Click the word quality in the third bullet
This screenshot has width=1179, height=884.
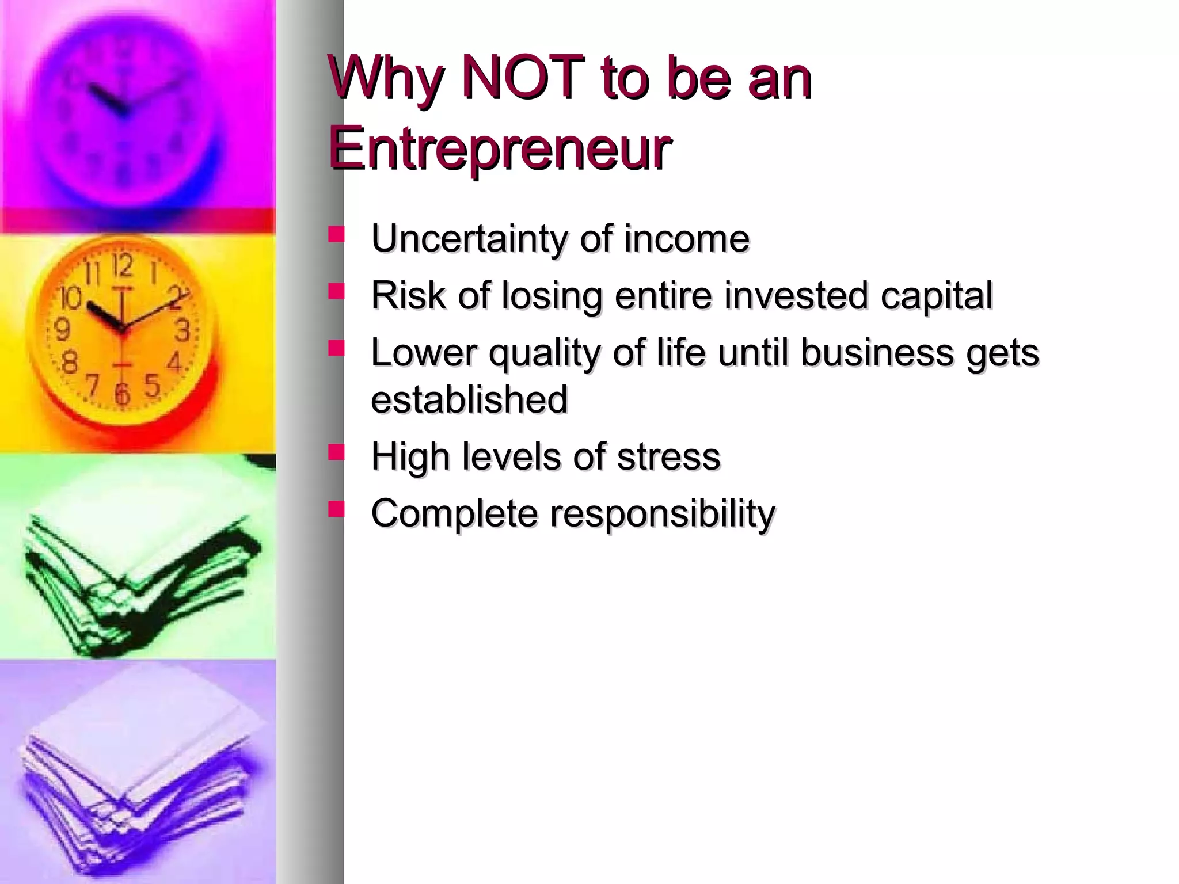tap(544, 353)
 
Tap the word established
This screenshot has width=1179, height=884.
tap(469, 399)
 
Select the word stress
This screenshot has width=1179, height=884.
tap(668, 456)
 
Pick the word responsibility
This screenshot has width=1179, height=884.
tap(663, 513)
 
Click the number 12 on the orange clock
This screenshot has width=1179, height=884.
tap(123, 265)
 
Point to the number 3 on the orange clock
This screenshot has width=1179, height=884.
tap(182, 331)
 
